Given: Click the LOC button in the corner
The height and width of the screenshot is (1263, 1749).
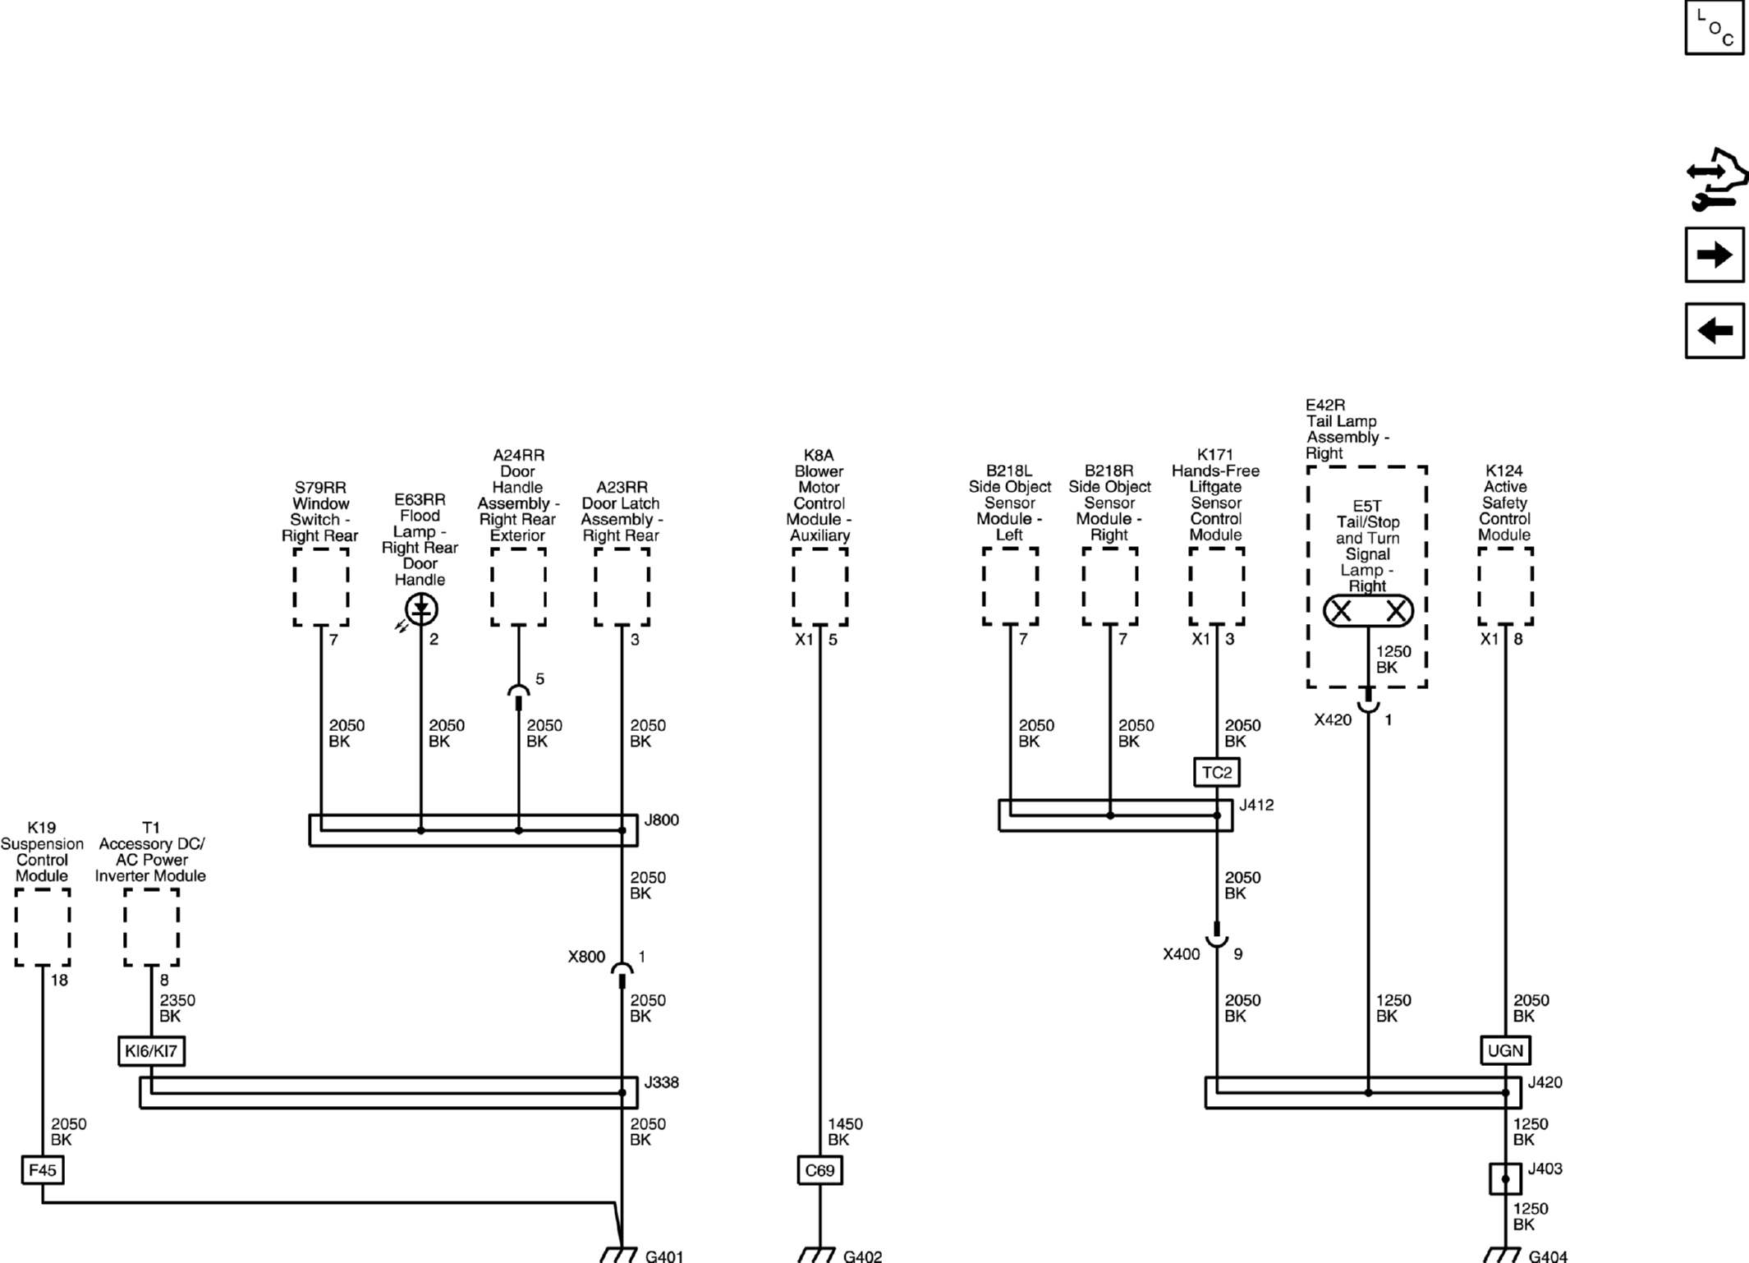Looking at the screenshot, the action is tap(1715, 27).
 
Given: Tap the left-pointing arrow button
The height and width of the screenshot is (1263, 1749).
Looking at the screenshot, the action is tap(1715, 331).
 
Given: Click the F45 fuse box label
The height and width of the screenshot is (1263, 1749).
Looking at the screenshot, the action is tap(42, 1169).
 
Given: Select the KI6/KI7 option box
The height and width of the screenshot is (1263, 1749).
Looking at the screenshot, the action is tap(151, 1050).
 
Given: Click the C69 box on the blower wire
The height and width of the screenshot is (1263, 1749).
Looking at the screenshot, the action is tap(819, 1170).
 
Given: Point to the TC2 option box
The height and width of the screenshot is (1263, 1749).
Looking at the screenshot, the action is tap(1216, 772).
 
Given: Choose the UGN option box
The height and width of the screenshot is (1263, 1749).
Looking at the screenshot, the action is tap(1505, 1050).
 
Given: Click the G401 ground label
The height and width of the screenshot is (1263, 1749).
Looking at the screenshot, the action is tap(664, 1256).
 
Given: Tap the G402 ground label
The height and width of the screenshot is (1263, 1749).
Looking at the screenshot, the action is tap(862, 1256).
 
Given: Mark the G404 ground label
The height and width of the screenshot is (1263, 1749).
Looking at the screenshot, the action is tap(1548, 1256).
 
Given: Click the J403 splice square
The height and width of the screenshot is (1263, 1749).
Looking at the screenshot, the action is tap(1505, 1179).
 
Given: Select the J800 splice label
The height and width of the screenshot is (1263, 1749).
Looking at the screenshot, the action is tap(662, 820).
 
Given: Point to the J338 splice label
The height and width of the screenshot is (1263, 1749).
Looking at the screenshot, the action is tap(662, 1082).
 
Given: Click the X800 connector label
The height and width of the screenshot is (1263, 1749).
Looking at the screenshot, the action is tap(586, 957).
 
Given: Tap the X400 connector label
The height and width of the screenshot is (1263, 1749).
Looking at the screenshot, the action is tap(1182, 953).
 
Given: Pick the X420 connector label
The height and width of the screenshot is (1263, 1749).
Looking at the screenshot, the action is tap(1333, 719).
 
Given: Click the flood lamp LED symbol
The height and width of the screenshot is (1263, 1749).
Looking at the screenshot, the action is tap(421, 609).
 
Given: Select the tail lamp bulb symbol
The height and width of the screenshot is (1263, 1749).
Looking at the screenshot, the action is tap(1368, 611).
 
